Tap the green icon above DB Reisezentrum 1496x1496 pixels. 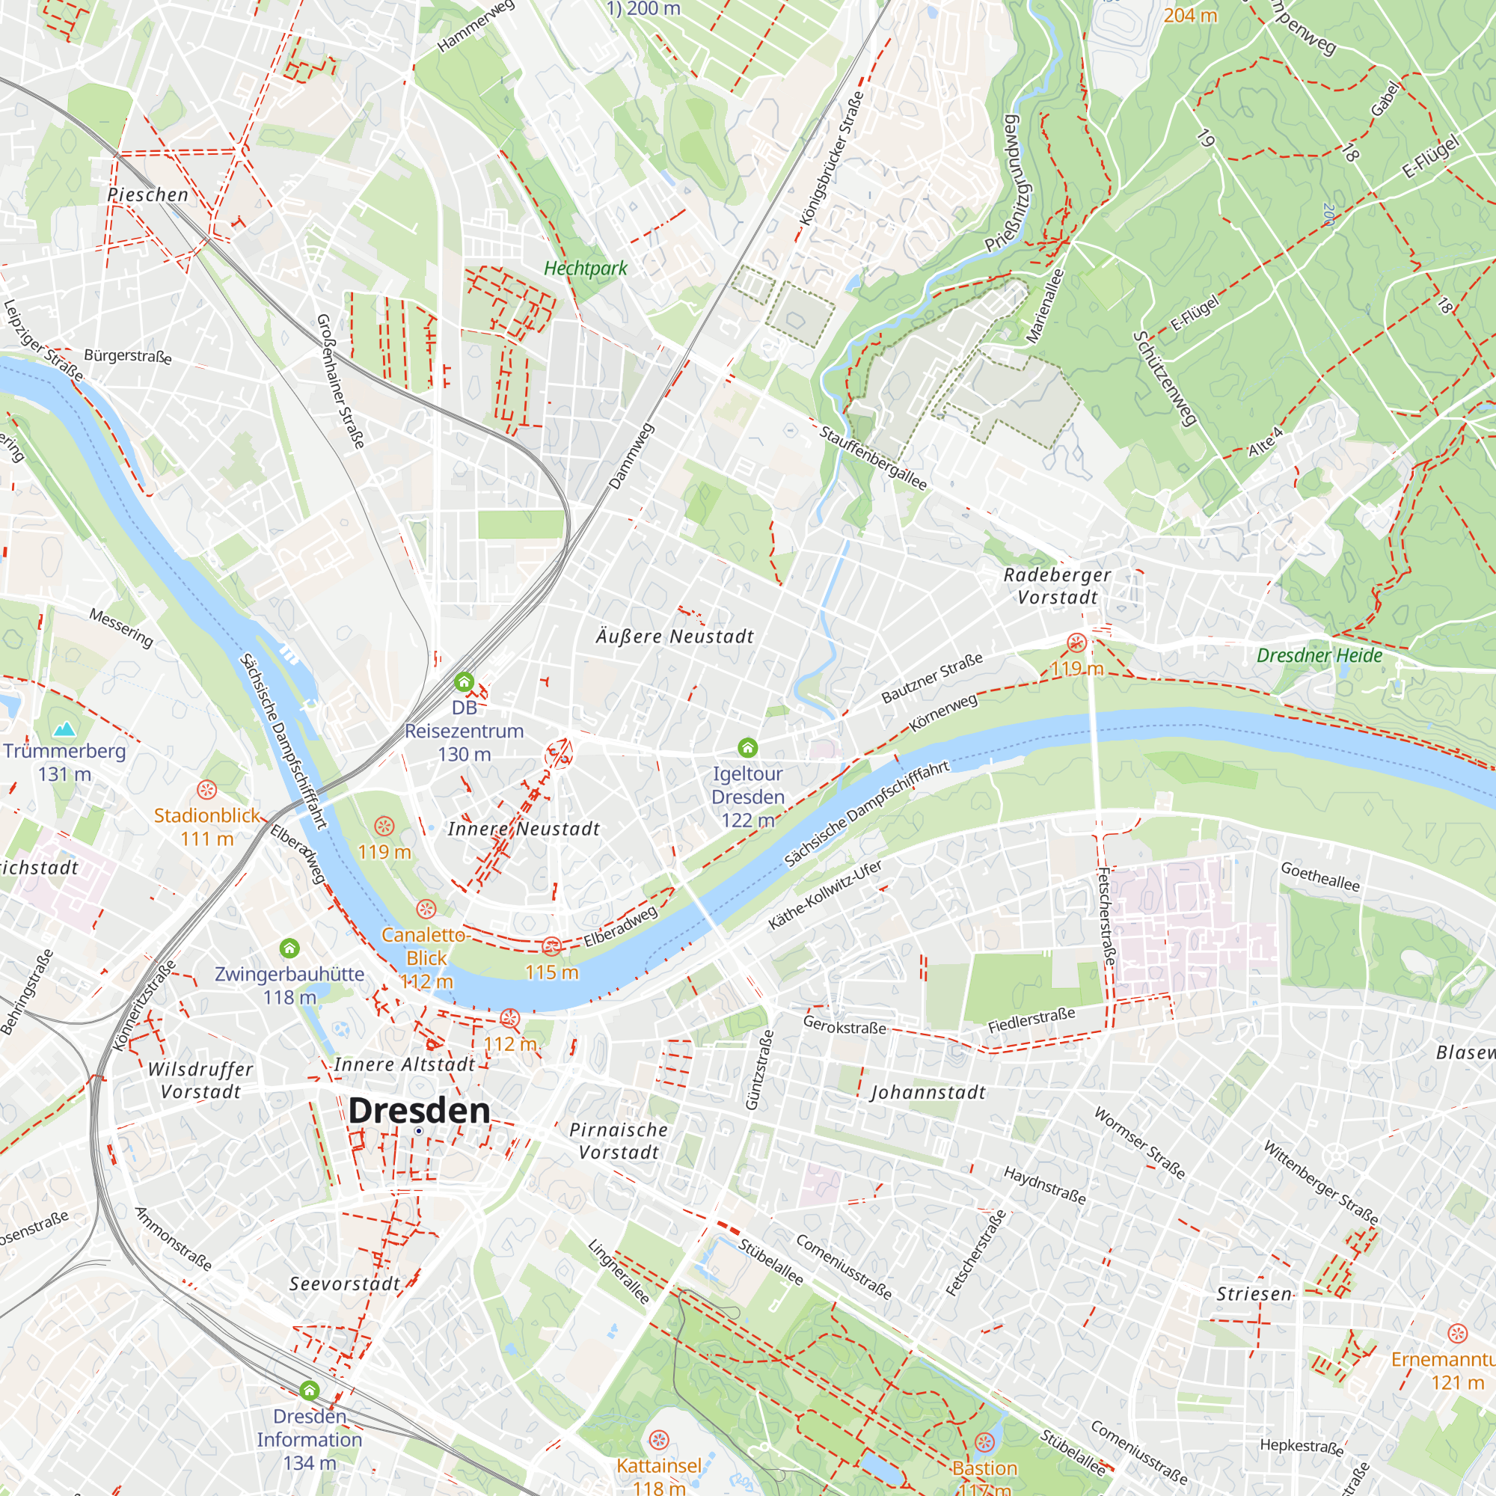click(464, 681)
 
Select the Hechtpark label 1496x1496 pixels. click(586, 269)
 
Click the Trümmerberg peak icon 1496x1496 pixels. click(64, 729)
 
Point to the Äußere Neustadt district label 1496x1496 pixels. click(675, 637)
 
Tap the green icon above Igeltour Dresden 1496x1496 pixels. click(747, 747)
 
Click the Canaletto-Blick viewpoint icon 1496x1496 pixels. click(426, 908)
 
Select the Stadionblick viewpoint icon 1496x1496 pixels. click(206, 790)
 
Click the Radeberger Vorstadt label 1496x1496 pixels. click(1057, 586)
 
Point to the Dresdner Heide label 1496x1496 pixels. click(1319, 656)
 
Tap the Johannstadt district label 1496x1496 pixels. click(928, 1093)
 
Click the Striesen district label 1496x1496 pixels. click(1254, 1294)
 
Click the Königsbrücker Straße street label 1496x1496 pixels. click(832, 159)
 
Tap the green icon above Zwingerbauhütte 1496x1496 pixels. click(289, 948)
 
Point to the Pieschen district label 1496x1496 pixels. click(148, 195)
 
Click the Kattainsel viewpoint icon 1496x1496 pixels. click(659, 1440)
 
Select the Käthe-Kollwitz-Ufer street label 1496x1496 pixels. click(824, 895)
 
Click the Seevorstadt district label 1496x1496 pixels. click(345, 1284)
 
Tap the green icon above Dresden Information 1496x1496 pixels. click(310, 1391)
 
